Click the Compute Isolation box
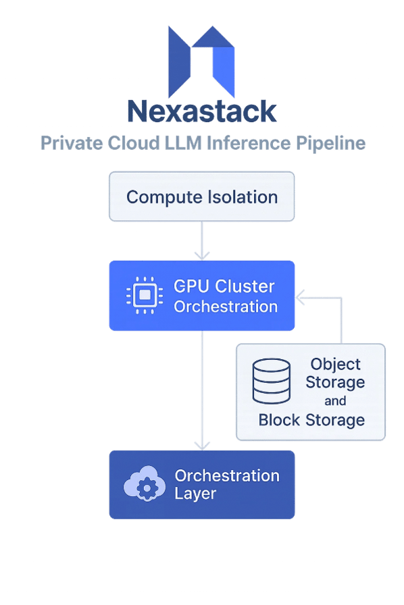pyautogui.click(x=201, y=196)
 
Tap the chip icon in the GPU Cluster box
pyautogui.click(x=143, y=296)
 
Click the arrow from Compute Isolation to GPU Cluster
pyautogui.click(x=201, y=240)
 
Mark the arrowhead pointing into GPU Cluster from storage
pyautogui.click(x=300, y=296)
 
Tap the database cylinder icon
pyautogui.click(x=271, y=381)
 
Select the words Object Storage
pyautogui.click(x=335, y=373)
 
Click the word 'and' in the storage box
pyautogui.click(x=335, y=401)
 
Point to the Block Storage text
pyautogui.click(x=311, y=420)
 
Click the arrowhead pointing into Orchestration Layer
pyautogui.click(x=201, y=444)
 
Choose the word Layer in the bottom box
pyautogui.click(x=195, y=494)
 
